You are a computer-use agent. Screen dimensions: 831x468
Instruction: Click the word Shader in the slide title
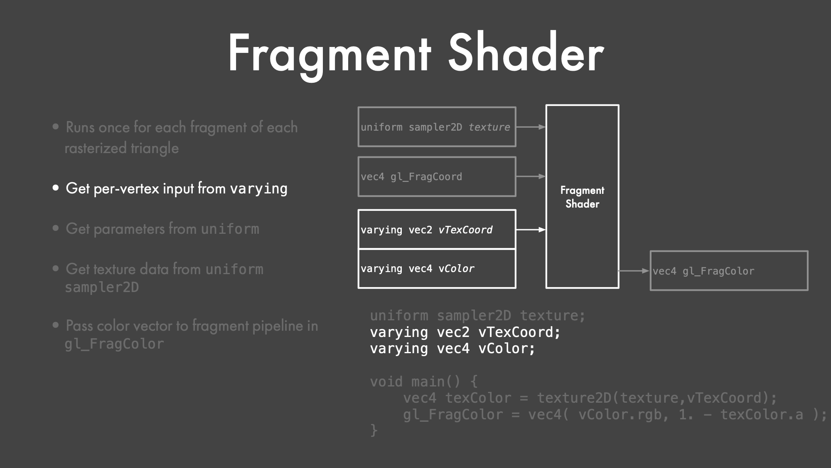point(526,52)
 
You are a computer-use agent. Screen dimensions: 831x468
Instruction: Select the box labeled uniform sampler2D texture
point(437,127)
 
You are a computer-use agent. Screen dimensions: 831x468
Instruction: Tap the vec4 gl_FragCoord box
point(437,176)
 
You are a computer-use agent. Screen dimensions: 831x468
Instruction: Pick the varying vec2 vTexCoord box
point(437,229)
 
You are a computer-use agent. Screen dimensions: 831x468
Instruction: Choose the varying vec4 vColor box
point(437,268)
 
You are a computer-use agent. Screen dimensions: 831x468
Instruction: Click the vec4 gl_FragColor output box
point(729,271)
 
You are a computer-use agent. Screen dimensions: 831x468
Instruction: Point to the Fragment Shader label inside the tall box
point(582,197)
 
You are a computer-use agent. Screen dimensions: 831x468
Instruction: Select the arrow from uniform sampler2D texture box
point(531,127)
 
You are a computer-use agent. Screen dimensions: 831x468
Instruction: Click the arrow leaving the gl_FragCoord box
point(531,176)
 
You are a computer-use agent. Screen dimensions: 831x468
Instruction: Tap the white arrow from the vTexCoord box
point(531,230)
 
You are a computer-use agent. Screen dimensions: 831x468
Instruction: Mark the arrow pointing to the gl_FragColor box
point(634,271)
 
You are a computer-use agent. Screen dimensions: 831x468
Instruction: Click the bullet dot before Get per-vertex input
point(56,188)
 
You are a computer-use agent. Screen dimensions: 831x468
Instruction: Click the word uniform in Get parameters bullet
point(230,229)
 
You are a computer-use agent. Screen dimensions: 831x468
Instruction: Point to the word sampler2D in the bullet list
point(102,287)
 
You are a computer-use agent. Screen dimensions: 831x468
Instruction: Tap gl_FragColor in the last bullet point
point(114,344)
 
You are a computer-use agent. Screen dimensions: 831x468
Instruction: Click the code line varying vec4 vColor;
point(453,348)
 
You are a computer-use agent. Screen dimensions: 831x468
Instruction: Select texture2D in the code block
point(574,398)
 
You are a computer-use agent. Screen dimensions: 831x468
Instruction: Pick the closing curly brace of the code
point(374,430)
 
